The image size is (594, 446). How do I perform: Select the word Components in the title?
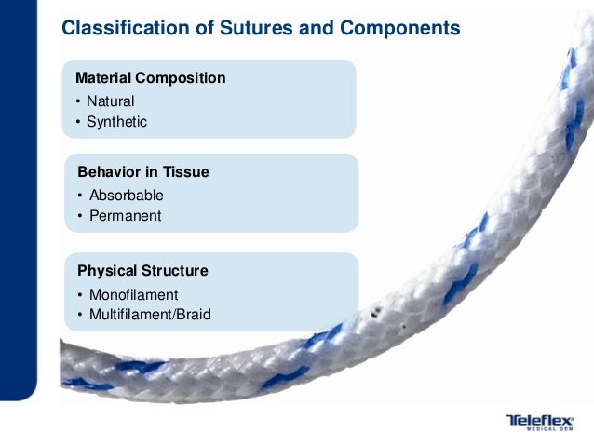[401, 29]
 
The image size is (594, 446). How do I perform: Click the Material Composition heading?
[150, 78]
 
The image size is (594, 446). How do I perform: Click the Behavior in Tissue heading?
[142, 172]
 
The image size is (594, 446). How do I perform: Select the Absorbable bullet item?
[126, 196]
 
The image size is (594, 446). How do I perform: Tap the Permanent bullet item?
[125, 216]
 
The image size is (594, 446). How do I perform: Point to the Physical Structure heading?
[142, 271]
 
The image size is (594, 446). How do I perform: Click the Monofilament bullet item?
[133, 294]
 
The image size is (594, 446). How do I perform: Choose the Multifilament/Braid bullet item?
[150, 315]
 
